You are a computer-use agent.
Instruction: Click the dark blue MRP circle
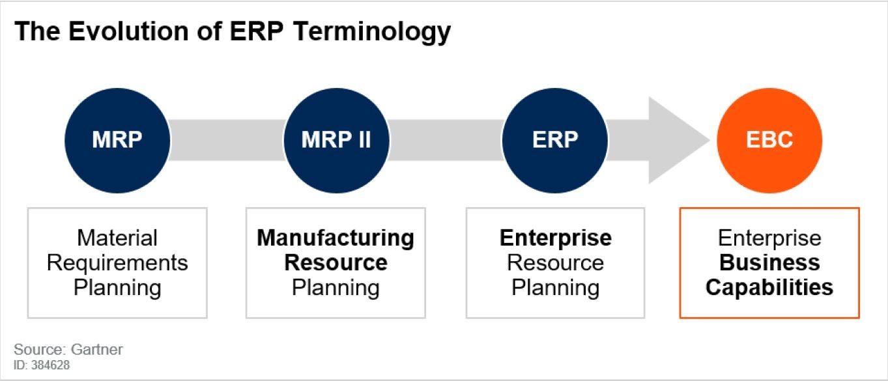(117, 140)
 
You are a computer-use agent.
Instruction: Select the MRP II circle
(336, 140)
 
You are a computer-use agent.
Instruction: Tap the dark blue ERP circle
(555, 140)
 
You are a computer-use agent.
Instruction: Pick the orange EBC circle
(769, 140)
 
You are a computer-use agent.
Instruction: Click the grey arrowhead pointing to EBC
(674, 140)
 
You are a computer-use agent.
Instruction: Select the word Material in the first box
(117, 238)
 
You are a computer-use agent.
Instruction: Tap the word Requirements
(117, 263)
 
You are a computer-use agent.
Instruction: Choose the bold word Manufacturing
(336, 238)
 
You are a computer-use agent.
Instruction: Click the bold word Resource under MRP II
(336, 262)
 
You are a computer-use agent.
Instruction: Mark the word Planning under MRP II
(336, 288)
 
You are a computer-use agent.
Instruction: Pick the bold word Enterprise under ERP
(555, 238)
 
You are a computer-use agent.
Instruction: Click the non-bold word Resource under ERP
(555, 262)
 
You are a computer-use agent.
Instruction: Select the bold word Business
(769, 262)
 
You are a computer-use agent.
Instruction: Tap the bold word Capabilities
(769, 288)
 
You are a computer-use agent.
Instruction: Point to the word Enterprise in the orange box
(769, 238)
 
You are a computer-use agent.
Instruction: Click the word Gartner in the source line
(96, 349)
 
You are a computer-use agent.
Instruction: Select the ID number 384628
(50, 365)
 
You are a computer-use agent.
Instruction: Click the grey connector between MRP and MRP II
(227, 140)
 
